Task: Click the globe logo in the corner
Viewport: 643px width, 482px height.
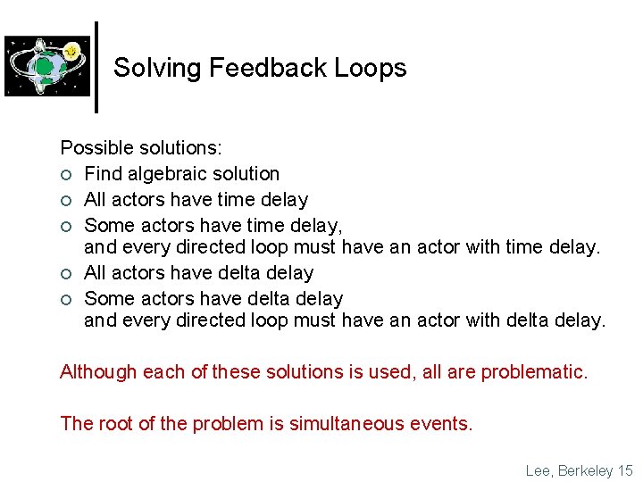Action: (x=47, y=66)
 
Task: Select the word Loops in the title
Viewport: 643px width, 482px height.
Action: (x=374, y=69)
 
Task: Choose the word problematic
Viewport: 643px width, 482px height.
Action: (x=534, y=371)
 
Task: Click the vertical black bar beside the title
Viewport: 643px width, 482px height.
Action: (x=96, y=67)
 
